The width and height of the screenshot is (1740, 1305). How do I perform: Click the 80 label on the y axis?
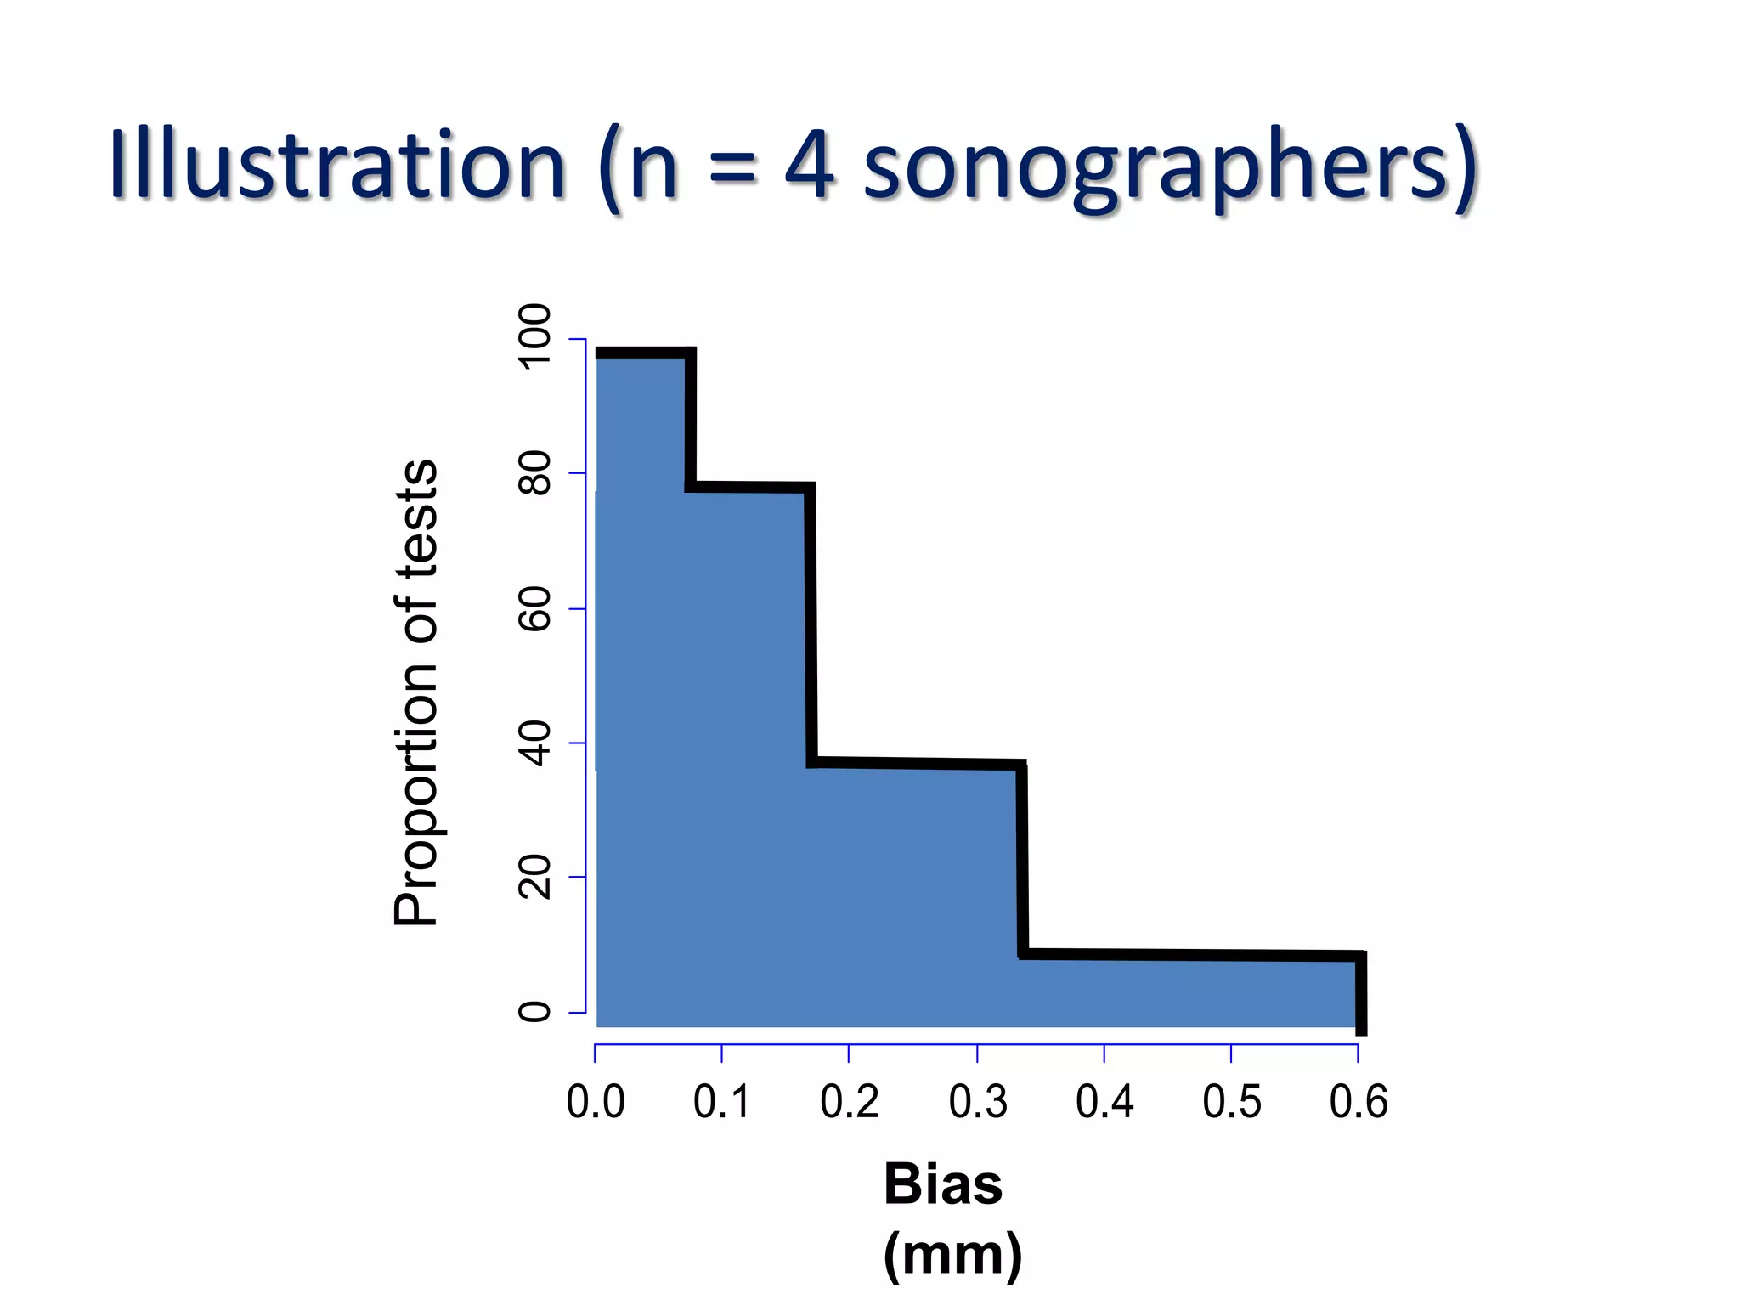(534, 472)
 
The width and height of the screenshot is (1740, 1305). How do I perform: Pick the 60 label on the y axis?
(534, 608)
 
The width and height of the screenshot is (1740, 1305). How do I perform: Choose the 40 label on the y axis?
(534, 743)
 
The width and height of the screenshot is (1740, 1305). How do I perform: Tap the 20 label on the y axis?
(534, 877)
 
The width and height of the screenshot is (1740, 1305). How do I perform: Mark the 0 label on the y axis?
(534, 1011)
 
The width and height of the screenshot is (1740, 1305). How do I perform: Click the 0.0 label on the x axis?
(596, 1102)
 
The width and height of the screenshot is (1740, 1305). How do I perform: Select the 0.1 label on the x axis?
(722, 1102)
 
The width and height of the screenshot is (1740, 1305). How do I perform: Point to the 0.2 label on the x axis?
(849, 1102)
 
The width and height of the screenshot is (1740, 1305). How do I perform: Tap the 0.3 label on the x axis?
(978, 1102)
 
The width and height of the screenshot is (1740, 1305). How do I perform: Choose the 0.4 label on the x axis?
(1104, 1102)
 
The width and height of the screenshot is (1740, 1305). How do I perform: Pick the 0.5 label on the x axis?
(1231, 1102)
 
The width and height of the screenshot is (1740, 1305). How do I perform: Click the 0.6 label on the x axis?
(1358, 1102)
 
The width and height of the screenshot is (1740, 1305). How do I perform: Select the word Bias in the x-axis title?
(943, 1184)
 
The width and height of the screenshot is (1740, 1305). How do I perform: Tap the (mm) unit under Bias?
(952, 1254)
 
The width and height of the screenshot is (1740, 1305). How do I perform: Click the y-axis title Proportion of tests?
(415, 692)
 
